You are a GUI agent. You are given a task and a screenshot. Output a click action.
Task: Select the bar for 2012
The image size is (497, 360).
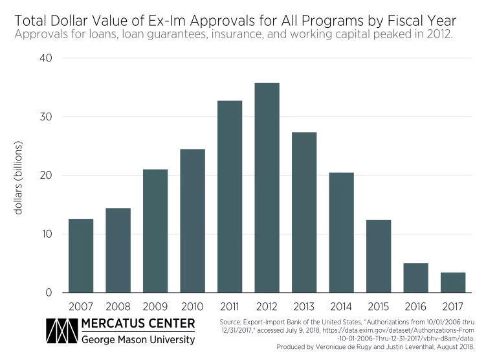(267, 188)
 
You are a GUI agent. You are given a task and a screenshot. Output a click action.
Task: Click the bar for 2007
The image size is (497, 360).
(81, 256)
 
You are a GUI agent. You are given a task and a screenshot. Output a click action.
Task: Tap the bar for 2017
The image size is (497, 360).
(453, 282)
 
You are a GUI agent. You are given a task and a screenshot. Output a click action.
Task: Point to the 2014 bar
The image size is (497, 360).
(341, 232)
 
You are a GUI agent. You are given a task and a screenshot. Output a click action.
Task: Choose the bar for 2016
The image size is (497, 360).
(415, 278)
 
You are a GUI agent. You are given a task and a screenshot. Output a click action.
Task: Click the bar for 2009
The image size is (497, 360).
(155, 231)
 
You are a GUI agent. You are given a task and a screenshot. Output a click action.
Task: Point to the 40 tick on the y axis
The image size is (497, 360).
(47, 58)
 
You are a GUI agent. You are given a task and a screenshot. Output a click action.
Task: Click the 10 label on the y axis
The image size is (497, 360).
(47, 234)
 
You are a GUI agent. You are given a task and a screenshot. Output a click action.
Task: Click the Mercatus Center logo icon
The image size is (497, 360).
(60, 331)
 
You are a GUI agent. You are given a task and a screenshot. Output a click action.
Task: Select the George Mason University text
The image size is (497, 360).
(138, 339)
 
